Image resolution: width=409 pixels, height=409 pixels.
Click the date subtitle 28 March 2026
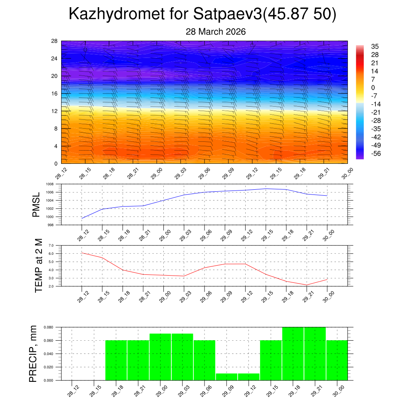coord(216,32)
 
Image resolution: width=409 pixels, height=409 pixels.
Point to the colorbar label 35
coord(375,46)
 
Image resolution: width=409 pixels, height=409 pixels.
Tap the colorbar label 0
coord(373,88)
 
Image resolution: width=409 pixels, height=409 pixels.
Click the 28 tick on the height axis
coord(55,41)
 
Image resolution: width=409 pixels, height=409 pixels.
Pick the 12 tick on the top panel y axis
coord(55,111)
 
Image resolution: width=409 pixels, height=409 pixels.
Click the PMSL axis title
coord(37,204)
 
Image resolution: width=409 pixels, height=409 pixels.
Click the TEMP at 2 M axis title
coord(38,266)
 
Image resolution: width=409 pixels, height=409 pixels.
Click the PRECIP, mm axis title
coord(34,353)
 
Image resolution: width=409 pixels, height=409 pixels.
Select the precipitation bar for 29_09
coord(226,377)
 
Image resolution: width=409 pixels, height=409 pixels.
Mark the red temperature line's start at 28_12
coord(82,253)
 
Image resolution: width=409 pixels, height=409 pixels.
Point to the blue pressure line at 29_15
coord(266,189)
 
